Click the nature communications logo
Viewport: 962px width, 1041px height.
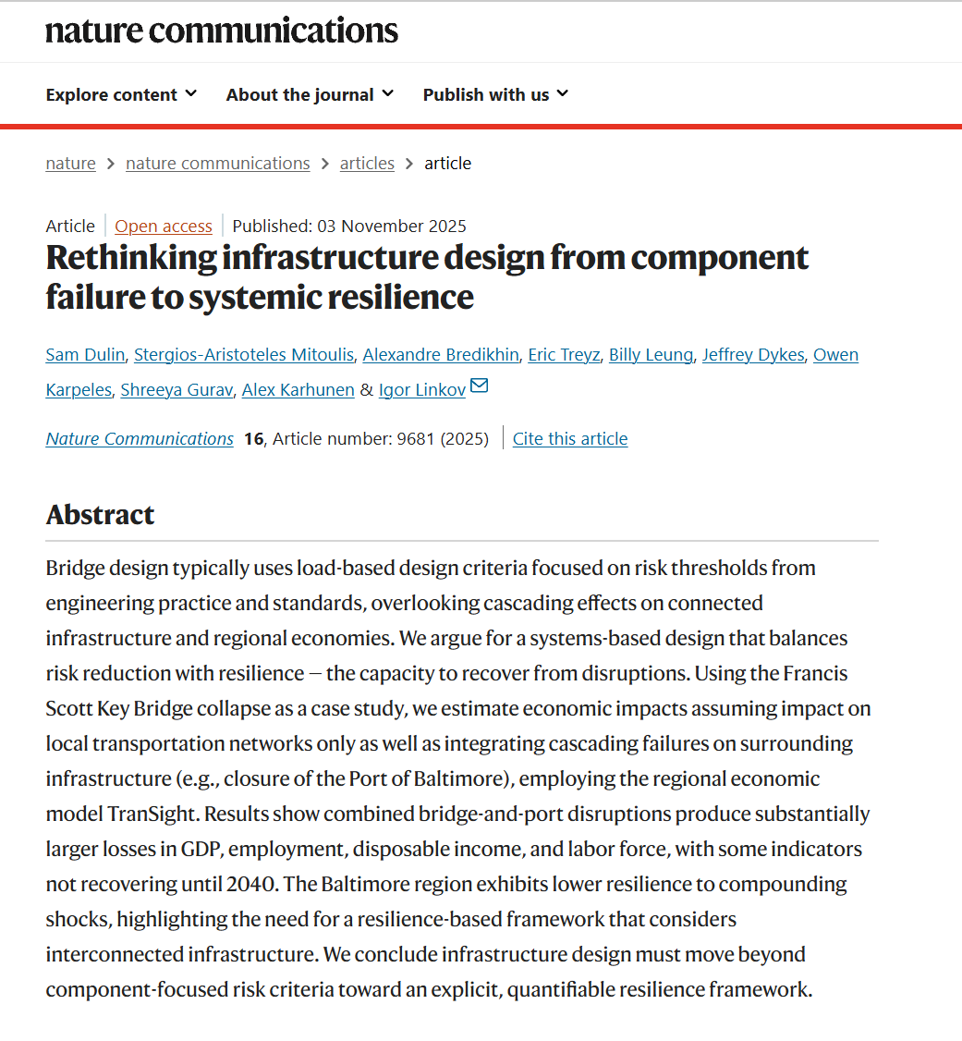pyautogui.click(x=222, y=31)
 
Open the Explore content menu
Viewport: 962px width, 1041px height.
pyautogui.click(x=121, y=94)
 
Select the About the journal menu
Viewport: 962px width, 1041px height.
pyautogui.click(x=310, y=94)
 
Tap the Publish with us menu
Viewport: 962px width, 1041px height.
pyautogui.click(x=495, y=94)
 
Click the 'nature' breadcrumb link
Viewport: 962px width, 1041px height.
pyautogui.click(x=70, y=164)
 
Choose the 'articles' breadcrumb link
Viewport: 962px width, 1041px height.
pyautogui.click(x=367, y=164)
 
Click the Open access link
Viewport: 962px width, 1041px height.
pyautogui.click(x=164, y=227)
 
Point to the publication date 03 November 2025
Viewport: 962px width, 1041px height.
pyautogui.click(x=391, y=227)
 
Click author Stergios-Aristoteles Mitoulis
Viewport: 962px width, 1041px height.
pyautogui.click(x=243, y=355)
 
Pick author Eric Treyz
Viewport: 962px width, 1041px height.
pyautogui.click(x=564, y=355)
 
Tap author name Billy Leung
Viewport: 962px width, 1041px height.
pyautogui.click(x=651, y=355)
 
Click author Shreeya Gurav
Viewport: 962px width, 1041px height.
pyautogui.click(x=176, y=390)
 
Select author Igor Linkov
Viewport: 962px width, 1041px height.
pyautogui.click(x=421, y=390)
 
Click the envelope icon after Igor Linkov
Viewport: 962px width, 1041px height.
pyautogui.click(x=479, y=387)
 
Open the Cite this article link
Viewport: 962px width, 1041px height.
pyautogui.click(x=570, y=439)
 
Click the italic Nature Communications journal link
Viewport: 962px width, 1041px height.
pyautogui.click(x=140, y=439)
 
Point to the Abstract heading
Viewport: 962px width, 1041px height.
pyautogui.click(x=100, y=515)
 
